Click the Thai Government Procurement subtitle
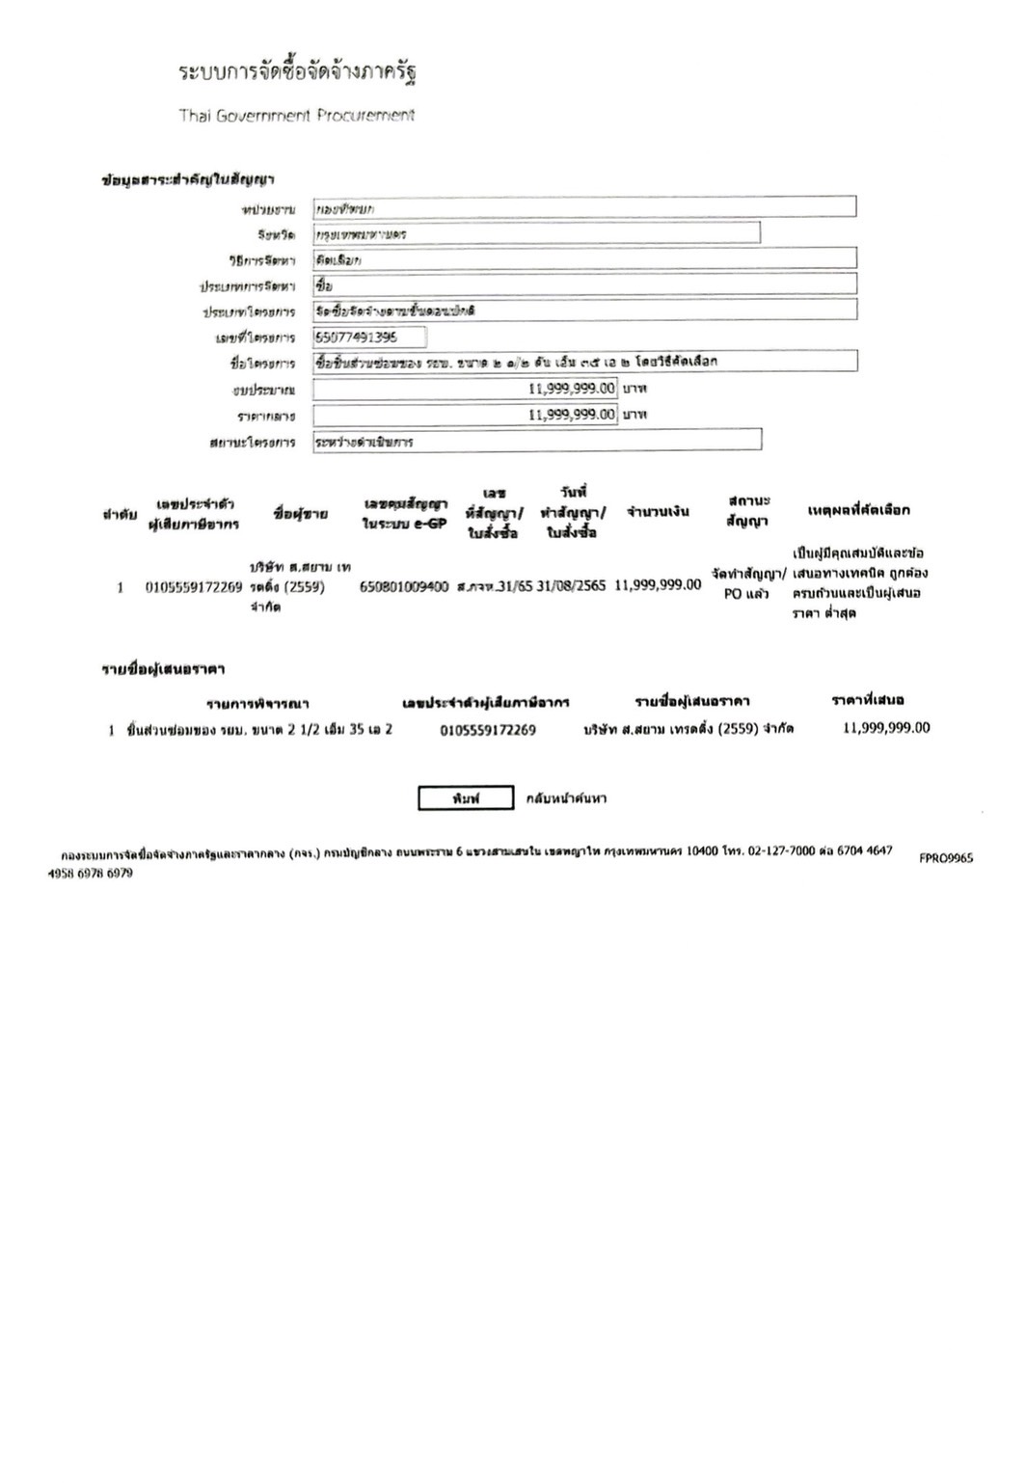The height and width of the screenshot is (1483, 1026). tap(296, 116)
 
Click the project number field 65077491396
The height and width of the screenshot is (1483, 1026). tap(369, 337)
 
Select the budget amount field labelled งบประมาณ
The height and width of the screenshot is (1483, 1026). tap(465, 389)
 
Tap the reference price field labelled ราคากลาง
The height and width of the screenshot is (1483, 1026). tap(465, 415)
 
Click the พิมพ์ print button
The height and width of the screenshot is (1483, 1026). tap(465, 798)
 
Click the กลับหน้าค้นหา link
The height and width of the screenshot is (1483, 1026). tap(566, 798)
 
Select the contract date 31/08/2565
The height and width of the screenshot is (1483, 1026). tap(572, 585)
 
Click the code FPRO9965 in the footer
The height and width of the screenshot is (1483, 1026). tap(946, 858)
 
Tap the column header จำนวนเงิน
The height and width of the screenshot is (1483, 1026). tap(658, 512)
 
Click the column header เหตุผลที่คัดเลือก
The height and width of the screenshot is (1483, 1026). tap(858, 510)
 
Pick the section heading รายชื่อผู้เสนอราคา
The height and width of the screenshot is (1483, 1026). tap(164, 668)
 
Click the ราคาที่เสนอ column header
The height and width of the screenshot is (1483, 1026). tap(867, 700)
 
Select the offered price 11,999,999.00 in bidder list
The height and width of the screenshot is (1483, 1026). tap(886, 728)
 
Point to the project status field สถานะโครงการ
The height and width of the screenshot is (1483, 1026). tap(537, 441)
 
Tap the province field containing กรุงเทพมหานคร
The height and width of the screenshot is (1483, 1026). tap(536, 233)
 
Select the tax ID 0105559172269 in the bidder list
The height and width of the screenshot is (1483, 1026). tap(488, 730)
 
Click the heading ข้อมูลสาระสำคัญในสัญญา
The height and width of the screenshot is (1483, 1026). tap(189, 180)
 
